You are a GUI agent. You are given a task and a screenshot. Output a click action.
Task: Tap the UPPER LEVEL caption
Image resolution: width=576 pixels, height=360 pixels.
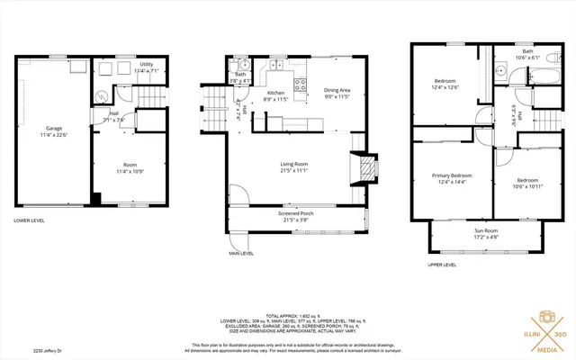440,265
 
